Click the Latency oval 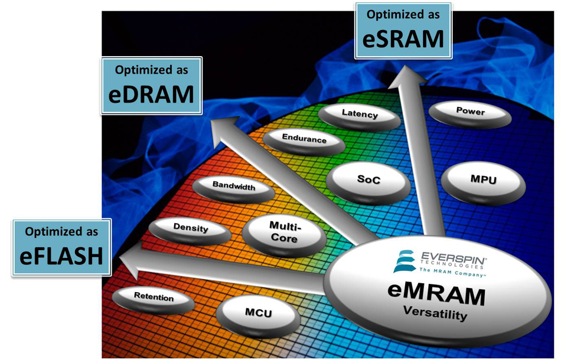pos(359,115)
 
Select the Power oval pos(470,112)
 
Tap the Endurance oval pos(304,140)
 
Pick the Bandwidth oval pos(234,186)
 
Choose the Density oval pos(190,228)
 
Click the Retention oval pos(154,298)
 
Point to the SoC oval pos(368,180)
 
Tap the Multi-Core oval pos(283,233)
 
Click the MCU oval pos(258,313)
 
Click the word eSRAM pos(404,38)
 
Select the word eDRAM pos(151,94)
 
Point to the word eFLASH pos(61,256)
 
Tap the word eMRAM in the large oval pos(436,294)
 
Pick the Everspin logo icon pos(405,261)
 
